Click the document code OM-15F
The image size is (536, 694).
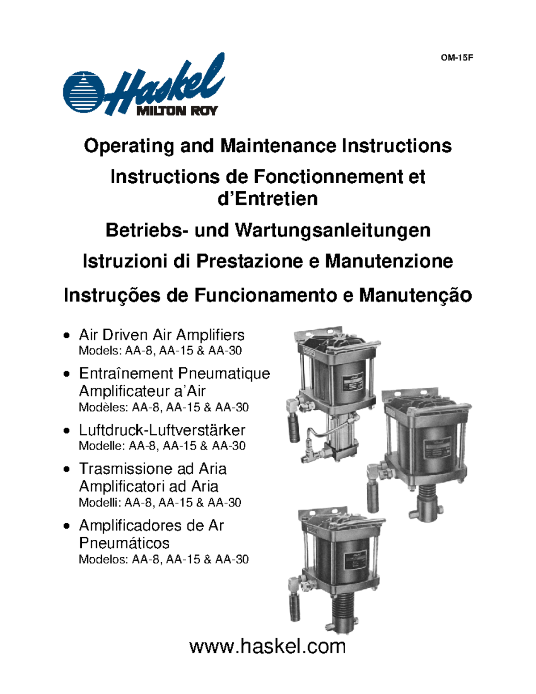(457, 58)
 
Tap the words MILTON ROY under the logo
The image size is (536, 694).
(177, 110)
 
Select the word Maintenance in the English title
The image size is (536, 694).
(278, 146)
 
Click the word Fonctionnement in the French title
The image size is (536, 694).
(328, 177)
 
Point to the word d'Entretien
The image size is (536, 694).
(268, 198)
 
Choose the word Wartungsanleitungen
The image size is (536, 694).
(333, 230)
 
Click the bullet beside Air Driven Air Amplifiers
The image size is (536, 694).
(67, 335)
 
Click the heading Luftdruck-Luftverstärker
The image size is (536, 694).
(162, 430)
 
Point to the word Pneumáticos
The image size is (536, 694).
(124, 543)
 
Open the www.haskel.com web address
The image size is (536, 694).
(268, 646)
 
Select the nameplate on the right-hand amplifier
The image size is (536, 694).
(436, 449)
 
